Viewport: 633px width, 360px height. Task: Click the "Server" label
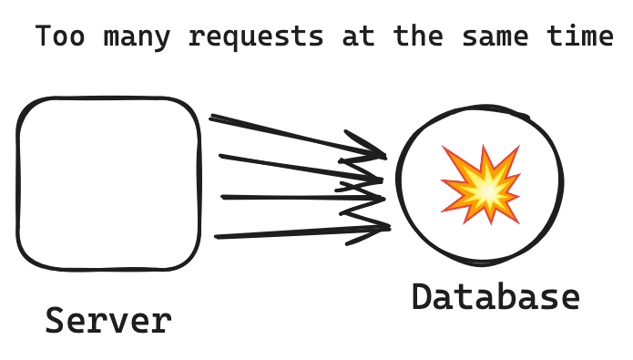tap(108, 321)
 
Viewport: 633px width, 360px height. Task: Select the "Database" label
tap(495, 297)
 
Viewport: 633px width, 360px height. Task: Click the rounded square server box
tap(108, 182)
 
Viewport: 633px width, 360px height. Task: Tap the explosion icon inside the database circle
tap(482, 183)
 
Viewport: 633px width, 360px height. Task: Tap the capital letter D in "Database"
tap(422, 297)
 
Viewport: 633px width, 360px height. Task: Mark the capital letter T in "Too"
tap(43, 38)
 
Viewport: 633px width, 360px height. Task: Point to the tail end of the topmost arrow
tap(213, 118)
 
